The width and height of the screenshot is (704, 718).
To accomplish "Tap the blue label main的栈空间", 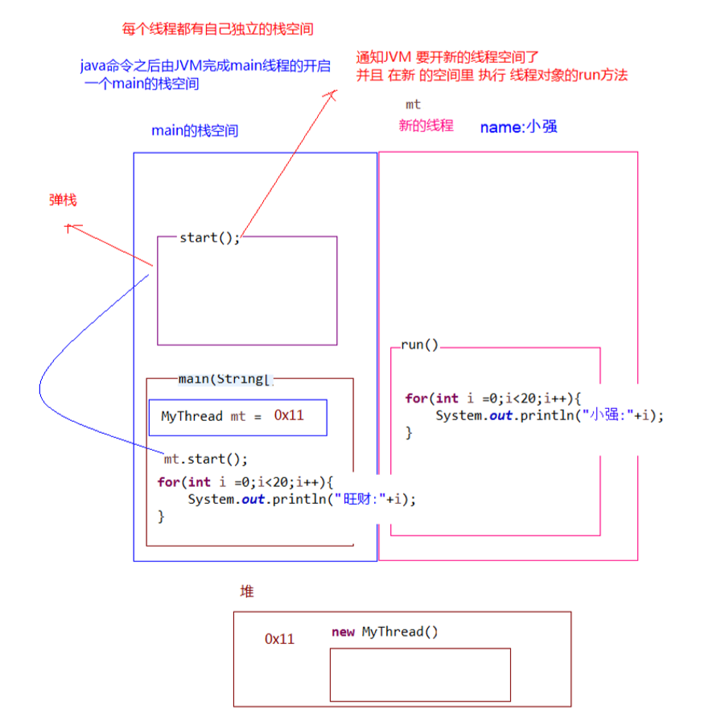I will (x=195, y=130).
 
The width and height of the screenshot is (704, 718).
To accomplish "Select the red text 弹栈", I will (x=63, y=200).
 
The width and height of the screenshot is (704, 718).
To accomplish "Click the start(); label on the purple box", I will (x=209, y=237).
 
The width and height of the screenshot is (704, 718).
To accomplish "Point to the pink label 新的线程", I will (x=426, y=126).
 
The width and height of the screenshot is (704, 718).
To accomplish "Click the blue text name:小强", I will (x=519, y=126).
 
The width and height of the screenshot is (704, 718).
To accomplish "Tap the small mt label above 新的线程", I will (x=413, y=105).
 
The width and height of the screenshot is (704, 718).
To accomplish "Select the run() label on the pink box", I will (x=420, y=345).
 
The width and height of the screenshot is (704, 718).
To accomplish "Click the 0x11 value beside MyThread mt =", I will (x=289, y=416).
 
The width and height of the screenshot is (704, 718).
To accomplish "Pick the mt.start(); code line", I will (x=206, y=460).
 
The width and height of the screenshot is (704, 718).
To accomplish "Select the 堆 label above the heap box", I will (x=247, y=592).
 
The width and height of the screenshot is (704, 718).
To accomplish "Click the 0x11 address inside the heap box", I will (x=279, y=639).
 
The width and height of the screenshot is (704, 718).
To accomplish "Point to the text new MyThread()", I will (x=385, y=632).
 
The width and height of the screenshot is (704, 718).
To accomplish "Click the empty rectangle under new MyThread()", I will (x=420, y=675).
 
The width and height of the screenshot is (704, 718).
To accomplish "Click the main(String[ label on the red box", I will (x=226, y=378).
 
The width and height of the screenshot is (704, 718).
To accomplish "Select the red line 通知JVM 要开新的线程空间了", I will (x=447, y=58).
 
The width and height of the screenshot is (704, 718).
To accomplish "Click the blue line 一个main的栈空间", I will (x=142, y=84).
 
